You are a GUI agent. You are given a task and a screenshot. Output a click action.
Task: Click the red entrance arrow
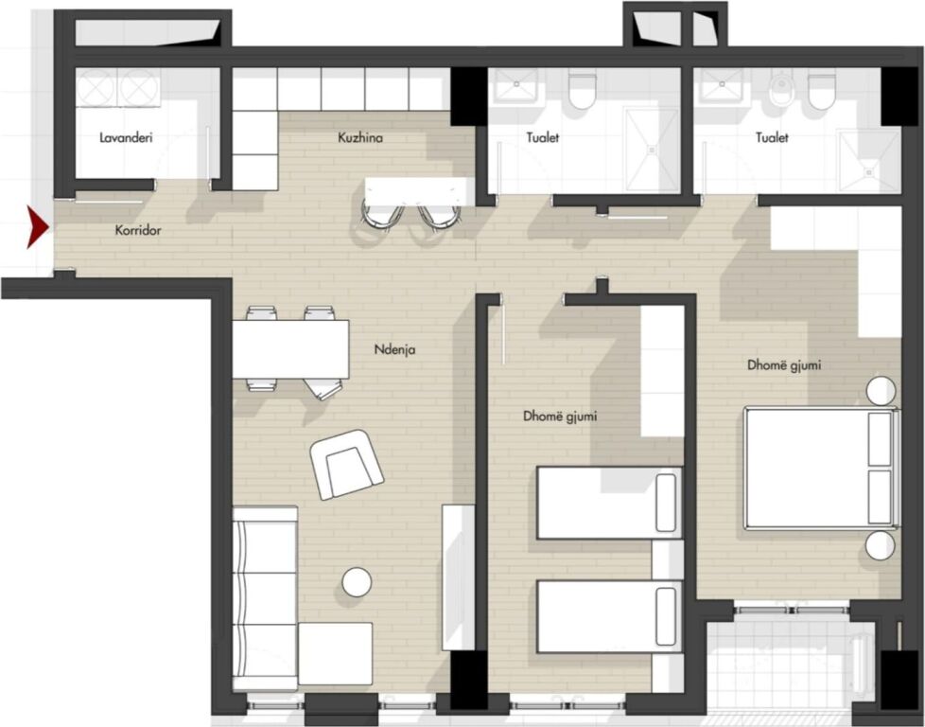point(37,227)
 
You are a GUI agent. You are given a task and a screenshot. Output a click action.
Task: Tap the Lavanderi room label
point(126,138)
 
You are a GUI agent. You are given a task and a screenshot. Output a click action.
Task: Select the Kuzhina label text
point(359,138)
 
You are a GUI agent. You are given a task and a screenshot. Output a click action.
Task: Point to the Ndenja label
point(394,350)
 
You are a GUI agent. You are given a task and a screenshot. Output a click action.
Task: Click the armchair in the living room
point(346,464)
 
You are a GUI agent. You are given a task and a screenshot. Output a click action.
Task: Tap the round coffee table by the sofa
point(357,582)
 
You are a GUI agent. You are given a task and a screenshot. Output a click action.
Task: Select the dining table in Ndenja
point(290,349)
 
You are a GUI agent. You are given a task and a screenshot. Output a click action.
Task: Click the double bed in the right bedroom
point(820,468)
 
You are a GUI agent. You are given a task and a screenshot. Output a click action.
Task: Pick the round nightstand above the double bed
point(881,391)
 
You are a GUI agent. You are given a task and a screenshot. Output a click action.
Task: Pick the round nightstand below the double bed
point(881,546)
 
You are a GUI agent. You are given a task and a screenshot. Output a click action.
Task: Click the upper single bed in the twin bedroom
point(609,503)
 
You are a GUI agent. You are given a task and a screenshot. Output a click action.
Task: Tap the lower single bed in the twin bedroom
point(609,616)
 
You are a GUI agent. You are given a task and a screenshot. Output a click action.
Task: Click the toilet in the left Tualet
point(581,92)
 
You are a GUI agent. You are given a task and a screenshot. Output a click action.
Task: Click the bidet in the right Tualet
point(781,91)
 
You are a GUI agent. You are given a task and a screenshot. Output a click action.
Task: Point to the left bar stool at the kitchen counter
point(381,214)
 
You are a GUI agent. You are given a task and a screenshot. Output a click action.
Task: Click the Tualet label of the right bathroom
point(772,138)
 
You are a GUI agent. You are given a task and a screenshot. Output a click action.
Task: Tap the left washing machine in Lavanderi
point(95,88)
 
